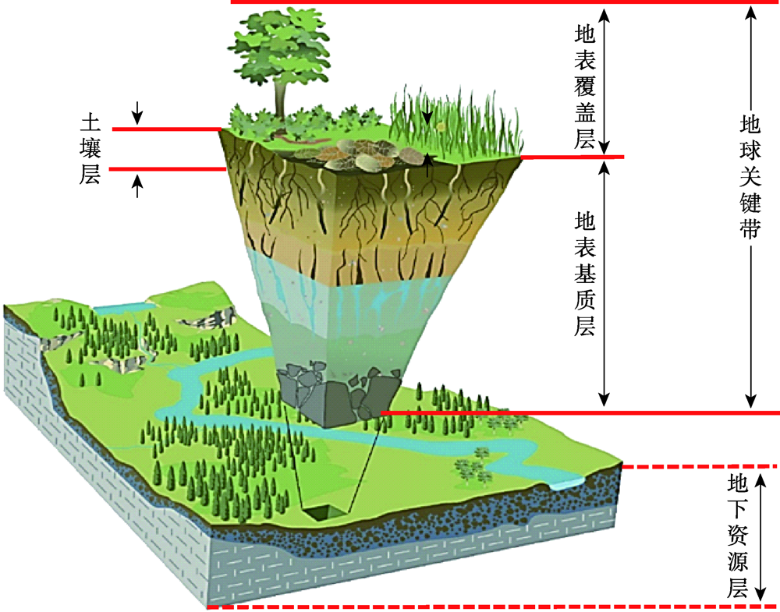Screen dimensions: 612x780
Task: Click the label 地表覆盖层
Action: [x=585, y=86]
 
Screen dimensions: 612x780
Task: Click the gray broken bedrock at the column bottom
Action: [x=331, y=394]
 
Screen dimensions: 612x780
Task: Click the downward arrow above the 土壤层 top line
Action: [x=137, y=113]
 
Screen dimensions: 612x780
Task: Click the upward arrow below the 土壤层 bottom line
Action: [x=137, y=186]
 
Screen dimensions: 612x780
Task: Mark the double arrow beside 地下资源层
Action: [x=762, y=538]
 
